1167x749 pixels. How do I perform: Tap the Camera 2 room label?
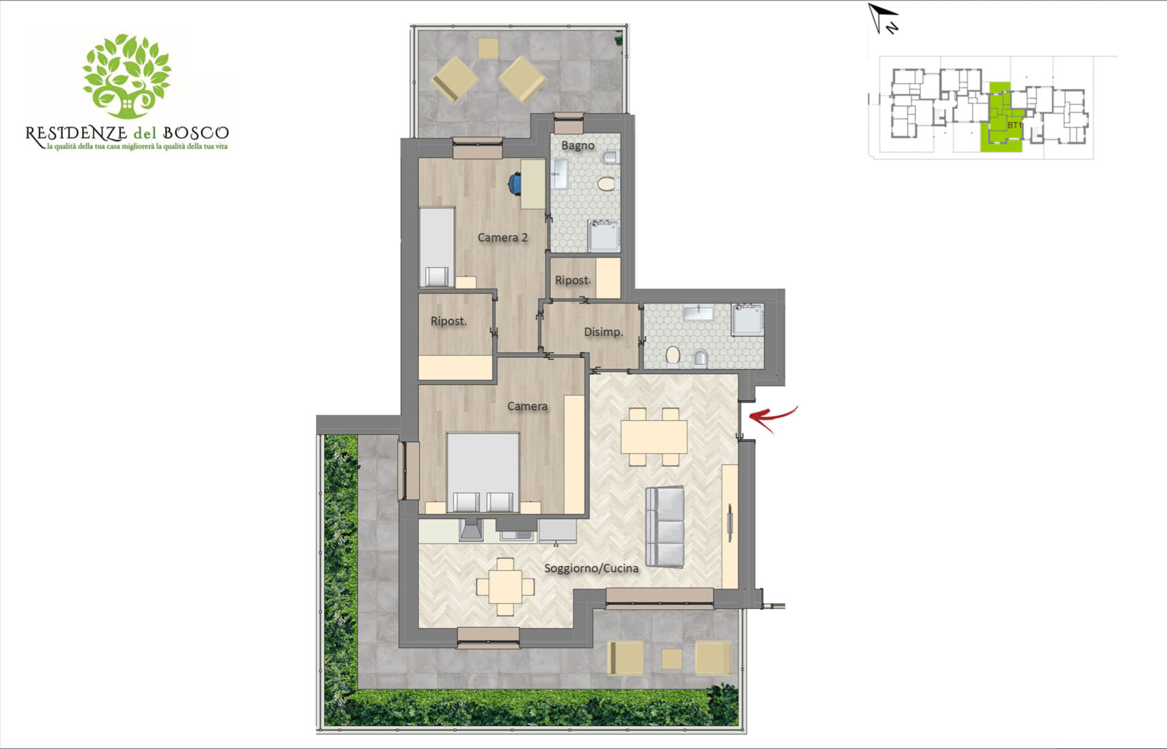[x=502, y=238]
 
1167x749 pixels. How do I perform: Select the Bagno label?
[x=577, y=146]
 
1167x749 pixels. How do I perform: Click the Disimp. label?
[x=604, y=332]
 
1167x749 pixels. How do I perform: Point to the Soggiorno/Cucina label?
[x=591, y=568]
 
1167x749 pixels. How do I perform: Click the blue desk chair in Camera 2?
[x=515, y=184]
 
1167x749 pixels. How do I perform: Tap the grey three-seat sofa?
[x=665, y=526]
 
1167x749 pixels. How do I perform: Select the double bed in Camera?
[x=483, y=472]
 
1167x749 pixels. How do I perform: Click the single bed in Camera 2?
[x=437, y=246]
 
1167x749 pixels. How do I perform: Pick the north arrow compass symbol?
[x=883, y=18]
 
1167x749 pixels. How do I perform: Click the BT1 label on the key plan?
[x=1014, y=126]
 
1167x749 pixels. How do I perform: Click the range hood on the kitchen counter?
[x=471, y=530]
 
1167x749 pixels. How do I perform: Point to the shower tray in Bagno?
[x=604, y=236]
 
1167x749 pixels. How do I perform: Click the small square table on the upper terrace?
[x=488, y=49]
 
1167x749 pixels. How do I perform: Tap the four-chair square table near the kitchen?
[x=504, y=587]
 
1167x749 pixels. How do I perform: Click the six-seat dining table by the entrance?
[x=653, y=437]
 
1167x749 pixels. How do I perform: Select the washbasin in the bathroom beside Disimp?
[x=698, y=313]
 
